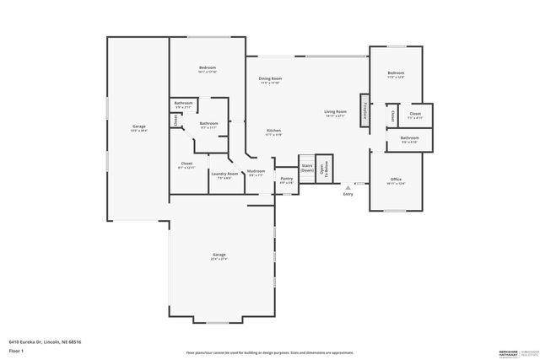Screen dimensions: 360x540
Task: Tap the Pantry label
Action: click(287, 180)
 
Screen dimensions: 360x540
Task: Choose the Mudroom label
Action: click(256, 173)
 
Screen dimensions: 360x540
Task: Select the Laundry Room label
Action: click(224, 175)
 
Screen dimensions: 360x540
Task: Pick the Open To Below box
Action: click(324, 168)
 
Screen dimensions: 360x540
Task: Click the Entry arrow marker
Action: click(348, 187)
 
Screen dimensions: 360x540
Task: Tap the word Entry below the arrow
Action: click(348, 195)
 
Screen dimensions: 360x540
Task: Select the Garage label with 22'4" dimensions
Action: click(219, 256)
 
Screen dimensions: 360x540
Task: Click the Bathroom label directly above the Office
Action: click(409, 139)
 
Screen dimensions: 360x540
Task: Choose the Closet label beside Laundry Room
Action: click(186, 164)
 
